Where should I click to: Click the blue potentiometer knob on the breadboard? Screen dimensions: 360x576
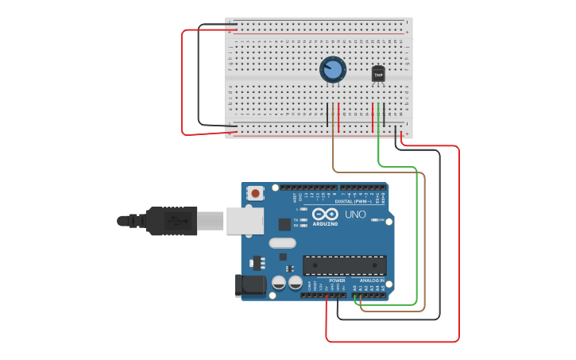tap(333, 70)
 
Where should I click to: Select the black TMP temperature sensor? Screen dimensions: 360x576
tap(378, 73)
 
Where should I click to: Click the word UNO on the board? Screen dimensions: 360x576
tap(355, 215)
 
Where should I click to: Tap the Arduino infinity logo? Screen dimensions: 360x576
tap(325, 214)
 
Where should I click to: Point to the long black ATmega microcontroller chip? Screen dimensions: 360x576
tap(344, 265)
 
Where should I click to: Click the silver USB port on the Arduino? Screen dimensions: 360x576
tap(244, 220)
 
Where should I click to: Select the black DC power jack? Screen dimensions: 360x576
tap(250, 286)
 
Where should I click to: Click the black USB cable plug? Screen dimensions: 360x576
tap(171, 221)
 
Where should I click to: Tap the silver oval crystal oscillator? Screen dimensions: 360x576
tap(282, 243)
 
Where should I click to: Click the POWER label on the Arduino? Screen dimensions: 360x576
tap(337, 281)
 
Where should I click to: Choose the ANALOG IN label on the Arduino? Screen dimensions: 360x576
tap(372, 281)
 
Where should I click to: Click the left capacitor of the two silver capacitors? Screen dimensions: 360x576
tap(279, 282)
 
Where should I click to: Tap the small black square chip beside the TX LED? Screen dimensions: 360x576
tap(284, 224)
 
